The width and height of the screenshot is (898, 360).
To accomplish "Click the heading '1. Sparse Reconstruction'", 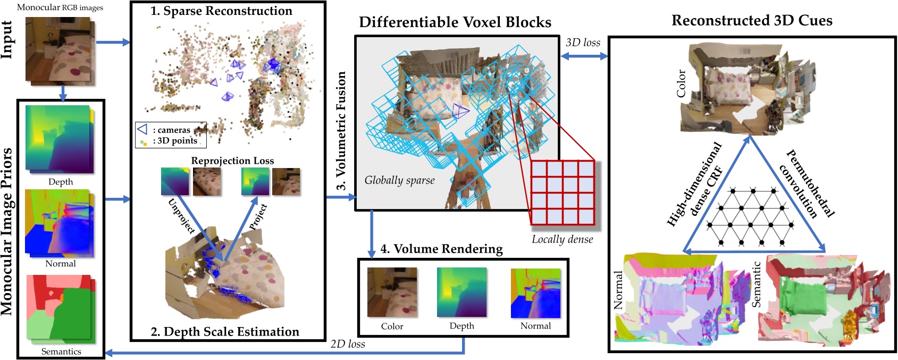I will [221, 11].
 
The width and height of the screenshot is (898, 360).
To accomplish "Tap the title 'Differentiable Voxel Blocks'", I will [455, 22].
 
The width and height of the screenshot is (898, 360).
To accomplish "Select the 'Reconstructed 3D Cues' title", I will [752, 21].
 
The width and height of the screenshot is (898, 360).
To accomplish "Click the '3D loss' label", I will [583, 43].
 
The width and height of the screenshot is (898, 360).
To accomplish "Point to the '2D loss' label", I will [348, 344].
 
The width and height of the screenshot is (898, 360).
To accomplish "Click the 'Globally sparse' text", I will [399, 180].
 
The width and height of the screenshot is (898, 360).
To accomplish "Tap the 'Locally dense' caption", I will [563, 239].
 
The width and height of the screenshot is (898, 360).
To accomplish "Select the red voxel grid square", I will [563, 192].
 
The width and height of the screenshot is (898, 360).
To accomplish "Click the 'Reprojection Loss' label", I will [232, 161].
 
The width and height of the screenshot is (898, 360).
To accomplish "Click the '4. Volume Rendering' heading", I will [441, 249].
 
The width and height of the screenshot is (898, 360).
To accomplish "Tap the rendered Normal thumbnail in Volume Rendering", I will [535, 293].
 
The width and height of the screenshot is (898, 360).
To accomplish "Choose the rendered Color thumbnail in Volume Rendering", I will [392, 293].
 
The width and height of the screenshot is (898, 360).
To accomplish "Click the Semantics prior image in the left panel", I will [60, 308].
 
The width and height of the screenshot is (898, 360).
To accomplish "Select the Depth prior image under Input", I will [60, 139].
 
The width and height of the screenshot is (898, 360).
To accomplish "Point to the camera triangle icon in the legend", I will [142, 129].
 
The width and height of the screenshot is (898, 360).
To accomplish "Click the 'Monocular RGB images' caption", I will [60, 7].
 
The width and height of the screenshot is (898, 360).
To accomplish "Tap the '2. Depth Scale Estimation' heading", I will [225, 332].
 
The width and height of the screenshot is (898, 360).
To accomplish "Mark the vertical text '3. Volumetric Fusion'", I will [341, 130].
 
